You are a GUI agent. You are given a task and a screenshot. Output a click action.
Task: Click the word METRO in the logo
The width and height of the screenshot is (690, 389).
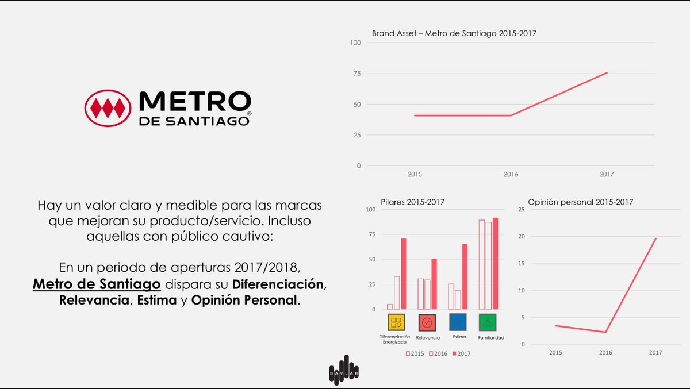pos(195,102)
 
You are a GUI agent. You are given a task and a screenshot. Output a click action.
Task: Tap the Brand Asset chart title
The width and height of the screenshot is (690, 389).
pos(454,33)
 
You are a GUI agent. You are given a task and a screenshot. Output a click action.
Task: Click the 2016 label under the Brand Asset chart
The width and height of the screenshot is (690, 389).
pos(511,174)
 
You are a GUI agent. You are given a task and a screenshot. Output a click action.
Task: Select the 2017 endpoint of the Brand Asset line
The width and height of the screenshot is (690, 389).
pos(607,72)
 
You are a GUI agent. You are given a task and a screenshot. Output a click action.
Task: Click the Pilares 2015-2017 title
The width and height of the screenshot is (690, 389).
pos(412,202)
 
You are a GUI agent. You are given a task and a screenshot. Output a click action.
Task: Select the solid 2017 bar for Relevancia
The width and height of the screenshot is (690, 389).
pos(434,284)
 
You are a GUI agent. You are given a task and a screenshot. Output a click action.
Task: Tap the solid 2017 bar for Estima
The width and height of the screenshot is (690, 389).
pos(465,276)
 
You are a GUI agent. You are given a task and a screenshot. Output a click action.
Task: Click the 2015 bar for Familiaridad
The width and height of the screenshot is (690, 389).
pos(482,264)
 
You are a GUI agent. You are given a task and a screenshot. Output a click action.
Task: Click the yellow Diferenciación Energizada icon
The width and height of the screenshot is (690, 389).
pos(396,322)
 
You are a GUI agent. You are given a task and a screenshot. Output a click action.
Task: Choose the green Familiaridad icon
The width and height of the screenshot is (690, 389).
pos(488,322)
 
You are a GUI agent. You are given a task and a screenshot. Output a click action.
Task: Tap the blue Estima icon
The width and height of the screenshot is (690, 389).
pos(458,322)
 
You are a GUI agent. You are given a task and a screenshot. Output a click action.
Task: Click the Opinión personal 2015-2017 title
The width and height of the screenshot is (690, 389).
pos(581,202)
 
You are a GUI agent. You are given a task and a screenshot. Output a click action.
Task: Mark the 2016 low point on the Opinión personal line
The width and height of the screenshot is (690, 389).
pos(605,332)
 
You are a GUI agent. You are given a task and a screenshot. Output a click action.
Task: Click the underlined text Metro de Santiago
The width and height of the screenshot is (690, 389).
pos(97,284)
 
